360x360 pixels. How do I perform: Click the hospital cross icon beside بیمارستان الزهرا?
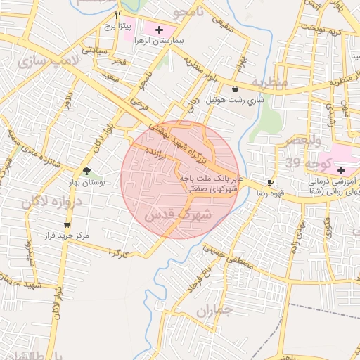coord(160,30)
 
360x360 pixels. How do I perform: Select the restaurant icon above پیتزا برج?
coord(118,15)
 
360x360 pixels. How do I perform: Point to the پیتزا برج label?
coord(118,26)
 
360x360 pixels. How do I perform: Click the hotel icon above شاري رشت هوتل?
coord(234,89)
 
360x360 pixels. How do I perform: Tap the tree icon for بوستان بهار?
coord(86,172)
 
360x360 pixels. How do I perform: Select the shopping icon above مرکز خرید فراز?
coord(67,225)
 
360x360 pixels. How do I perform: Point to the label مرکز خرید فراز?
coord(66,236)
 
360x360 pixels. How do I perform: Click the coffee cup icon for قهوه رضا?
coord(270,183)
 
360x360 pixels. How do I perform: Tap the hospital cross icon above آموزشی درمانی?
coord(341,170)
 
